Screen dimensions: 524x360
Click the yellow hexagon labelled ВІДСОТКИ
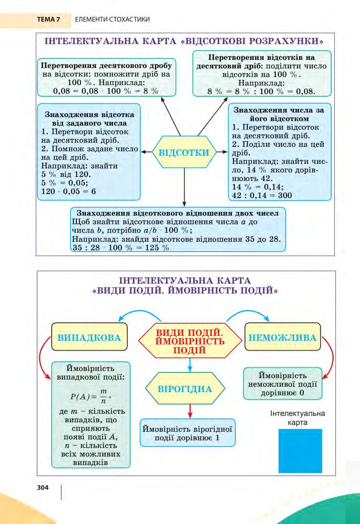[x=184, y=152]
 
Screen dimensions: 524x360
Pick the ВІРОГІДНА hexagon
[x=185, y=388]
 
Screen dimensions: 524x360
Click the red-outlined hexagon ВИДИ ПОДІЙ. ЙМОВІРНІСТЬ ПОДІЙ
[x=189, y=341]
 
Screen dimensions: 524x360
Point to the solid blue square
[x=300, y=450]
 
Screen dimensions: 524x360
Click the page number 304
[x=43, y=487]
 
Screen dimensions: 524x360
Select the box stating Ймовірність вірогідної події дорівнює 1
[x=187, y=432]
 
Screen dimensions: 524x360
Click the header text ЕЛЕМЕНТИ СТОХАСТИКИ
[x=106, y=19]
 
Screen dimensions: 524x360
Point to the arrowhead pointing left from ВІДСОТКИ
[x=144, y=152]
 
